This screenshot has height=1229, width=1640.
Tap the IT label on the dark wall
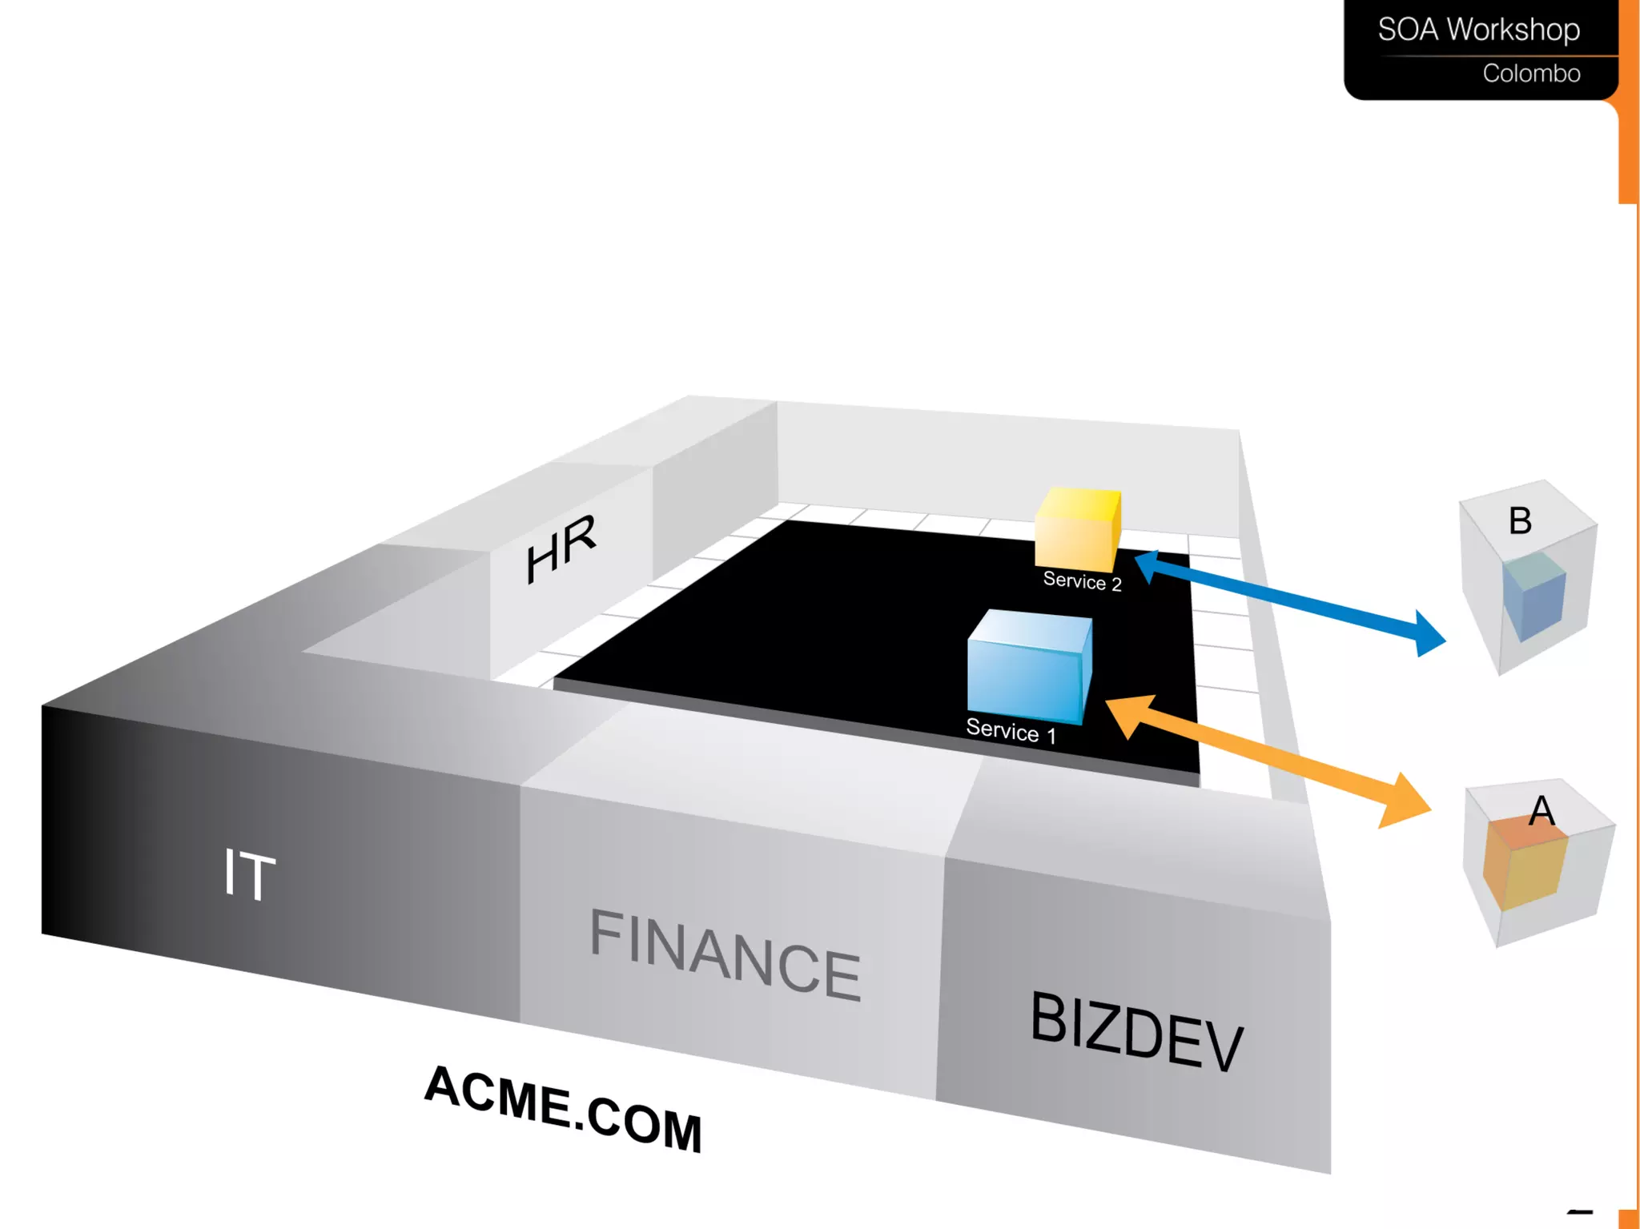point(249,874)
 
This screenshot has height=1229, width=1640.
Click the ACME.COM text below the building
point(563,1108)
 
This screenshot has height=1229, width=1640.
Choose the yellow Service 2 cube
point(1077,529)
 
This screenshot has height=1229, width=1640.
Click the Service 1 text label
point(1011,730)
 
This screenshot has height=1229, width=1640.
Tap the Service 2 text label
point(1082,580)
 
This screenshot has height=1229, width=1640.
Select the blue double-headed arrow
point(1289,600)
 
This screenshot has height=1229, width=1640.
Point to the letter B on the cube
point(1520,520)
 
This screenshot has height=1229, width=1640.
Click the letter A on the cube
point(1542,811)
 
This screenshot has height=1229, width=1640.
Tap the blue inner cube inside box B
point(1533,596)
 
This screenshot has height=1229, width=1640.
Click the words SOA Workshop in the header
point(1478,30)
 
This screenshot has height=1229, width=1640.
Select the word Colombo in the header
point(1531,74)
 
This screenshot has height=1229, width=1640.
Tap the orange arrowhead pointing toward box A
point(1405,801)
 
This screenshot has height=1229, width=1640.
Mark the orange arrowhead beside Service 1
point(1130,714)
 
